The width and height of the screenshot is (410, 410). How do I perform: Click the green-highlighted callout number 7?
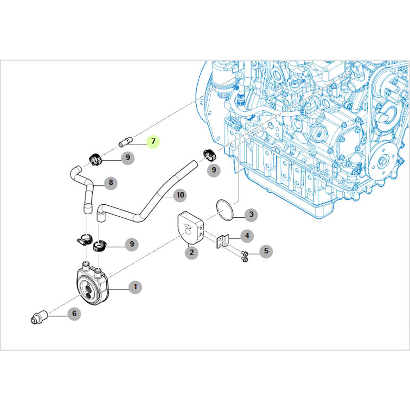click(153, 142)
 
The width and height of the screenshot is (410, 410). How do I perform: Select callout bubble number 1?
click(136, 287)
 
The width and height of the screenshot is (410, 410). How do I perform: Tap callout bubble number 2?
click(192, 252)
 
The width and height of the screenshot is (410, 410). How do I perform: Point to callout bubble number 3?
click(251, 215)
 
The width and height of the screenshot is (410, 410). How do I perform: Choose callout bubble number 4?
click(247, 236)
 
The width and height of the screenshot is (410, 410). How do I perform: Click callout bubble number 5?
click(266, 251)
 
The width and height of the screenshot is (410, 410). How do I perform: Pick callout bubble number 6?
click(74, 314)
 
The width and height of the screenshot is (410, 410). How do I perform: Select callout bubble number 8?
click(111, 182)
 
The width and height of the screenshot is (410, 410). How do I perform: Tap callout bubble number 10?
click(180, 195)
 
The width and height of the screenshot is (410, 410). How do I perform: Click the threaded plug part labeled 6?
click(39, 317)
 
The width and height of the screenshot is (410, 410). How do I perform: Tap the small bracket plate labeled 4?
click(223, 242)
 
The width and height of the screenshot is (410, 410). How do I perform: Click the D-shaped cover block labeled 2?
click(190, 228)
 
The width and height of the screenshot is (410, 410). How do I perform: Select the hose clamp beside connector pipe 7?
click(94, 159)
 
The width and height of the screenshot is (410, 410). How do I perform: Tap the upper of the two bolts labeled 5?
click(244, 253)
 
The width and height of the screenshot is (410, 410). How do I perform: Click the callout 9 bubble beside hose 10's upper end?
click(214, 170)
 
